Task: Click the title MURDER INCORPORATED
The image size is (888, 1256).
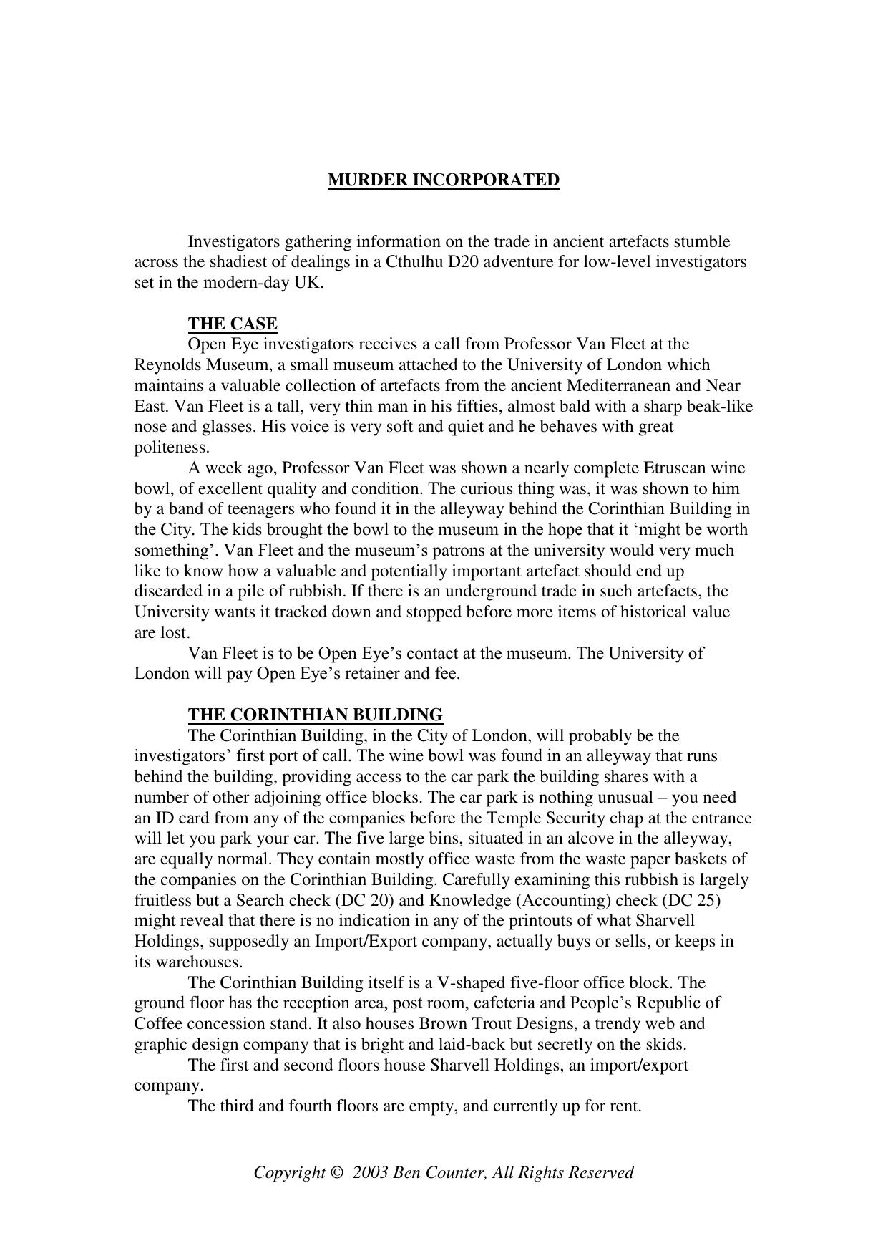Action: point(443,180)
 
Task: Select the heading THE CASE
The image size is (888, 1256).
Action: point(233,324)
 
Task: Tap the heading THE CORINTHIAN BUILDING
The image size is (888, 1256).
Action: point(315,715)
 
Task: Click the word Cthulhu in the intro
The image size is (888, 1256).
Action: point(414,261)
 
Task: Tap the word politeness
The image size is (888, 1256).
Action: point(172,448)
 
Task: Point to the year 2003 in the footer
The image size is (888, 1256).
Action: point(370,1173)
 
